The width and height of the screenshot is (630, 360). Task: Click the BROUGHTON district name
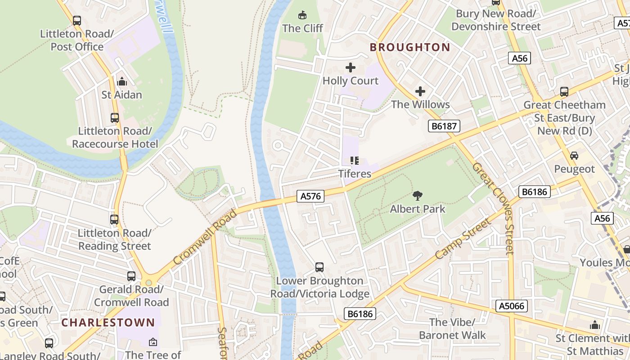click(x=410, y=47)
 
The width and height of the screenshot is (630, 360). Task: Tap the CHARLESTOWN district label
click(x=108, y=323)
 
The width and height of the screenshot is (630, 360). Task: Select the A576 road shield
click(x=310, y=196)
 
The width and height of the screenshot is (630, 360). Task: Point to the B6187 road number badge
click(x=444, y=126)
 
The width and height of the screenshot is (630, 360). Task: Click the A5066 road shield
click(x=512, y=306)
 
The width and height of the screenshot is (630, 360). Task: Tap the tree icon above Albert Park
click(x=418, y=196)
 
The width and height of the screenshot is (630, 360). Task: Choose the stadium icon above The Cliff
click(x=302, y=15)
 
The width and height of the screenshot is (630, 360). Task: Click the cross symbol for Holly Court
click(x=350, y=68)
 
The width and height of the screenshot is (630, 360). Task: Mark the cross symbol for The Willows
click(x=420, y=91)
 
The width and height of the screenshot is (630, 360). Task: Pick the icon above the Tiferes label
click(x=355, y=161)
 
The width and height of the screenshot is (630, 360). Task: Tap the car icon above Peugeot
click(x=574, y=156)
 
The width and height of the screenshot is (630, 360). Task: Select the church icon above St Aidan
click(x=121, y=82)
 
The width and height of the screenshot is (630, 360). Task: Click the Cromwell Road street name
click(x=205, y=237)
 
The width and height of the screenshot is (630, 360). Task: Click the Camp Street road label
click(x=463, y=239)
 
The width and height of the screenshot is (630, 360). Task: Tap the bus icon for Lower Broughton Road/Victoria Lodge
click(x=319, y=267)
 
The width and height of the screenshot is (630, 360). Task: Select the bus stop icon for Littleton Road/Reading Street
click(x=114, y=220)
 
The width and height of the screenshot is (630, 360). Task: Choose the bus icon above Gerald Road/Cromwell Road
click(x=131, y=276)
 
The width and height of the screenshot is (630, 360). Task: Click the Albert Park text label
click(x=418, y=209)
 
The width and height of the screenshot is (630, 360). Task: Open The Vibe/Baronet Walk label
click(x=452, y=328)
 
